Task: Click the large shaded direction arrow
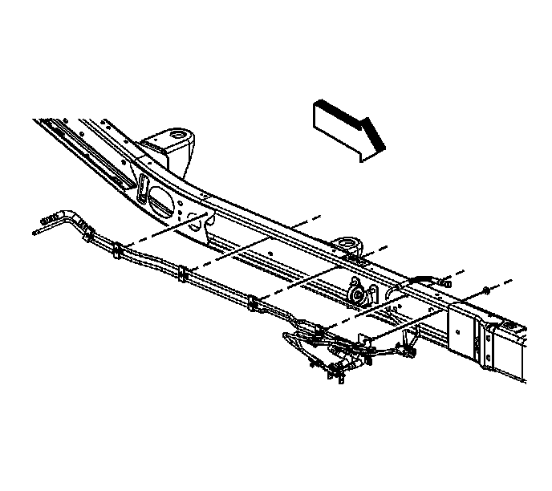(x=345, y=126)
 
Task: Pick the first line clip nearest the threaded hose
(x=117, y=251)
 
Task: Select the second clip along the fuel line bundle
(x=183, y=274)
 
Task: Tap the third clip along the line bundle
(x=254, y=303)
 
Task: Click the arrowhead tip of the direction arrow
(x=384, y=148)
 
